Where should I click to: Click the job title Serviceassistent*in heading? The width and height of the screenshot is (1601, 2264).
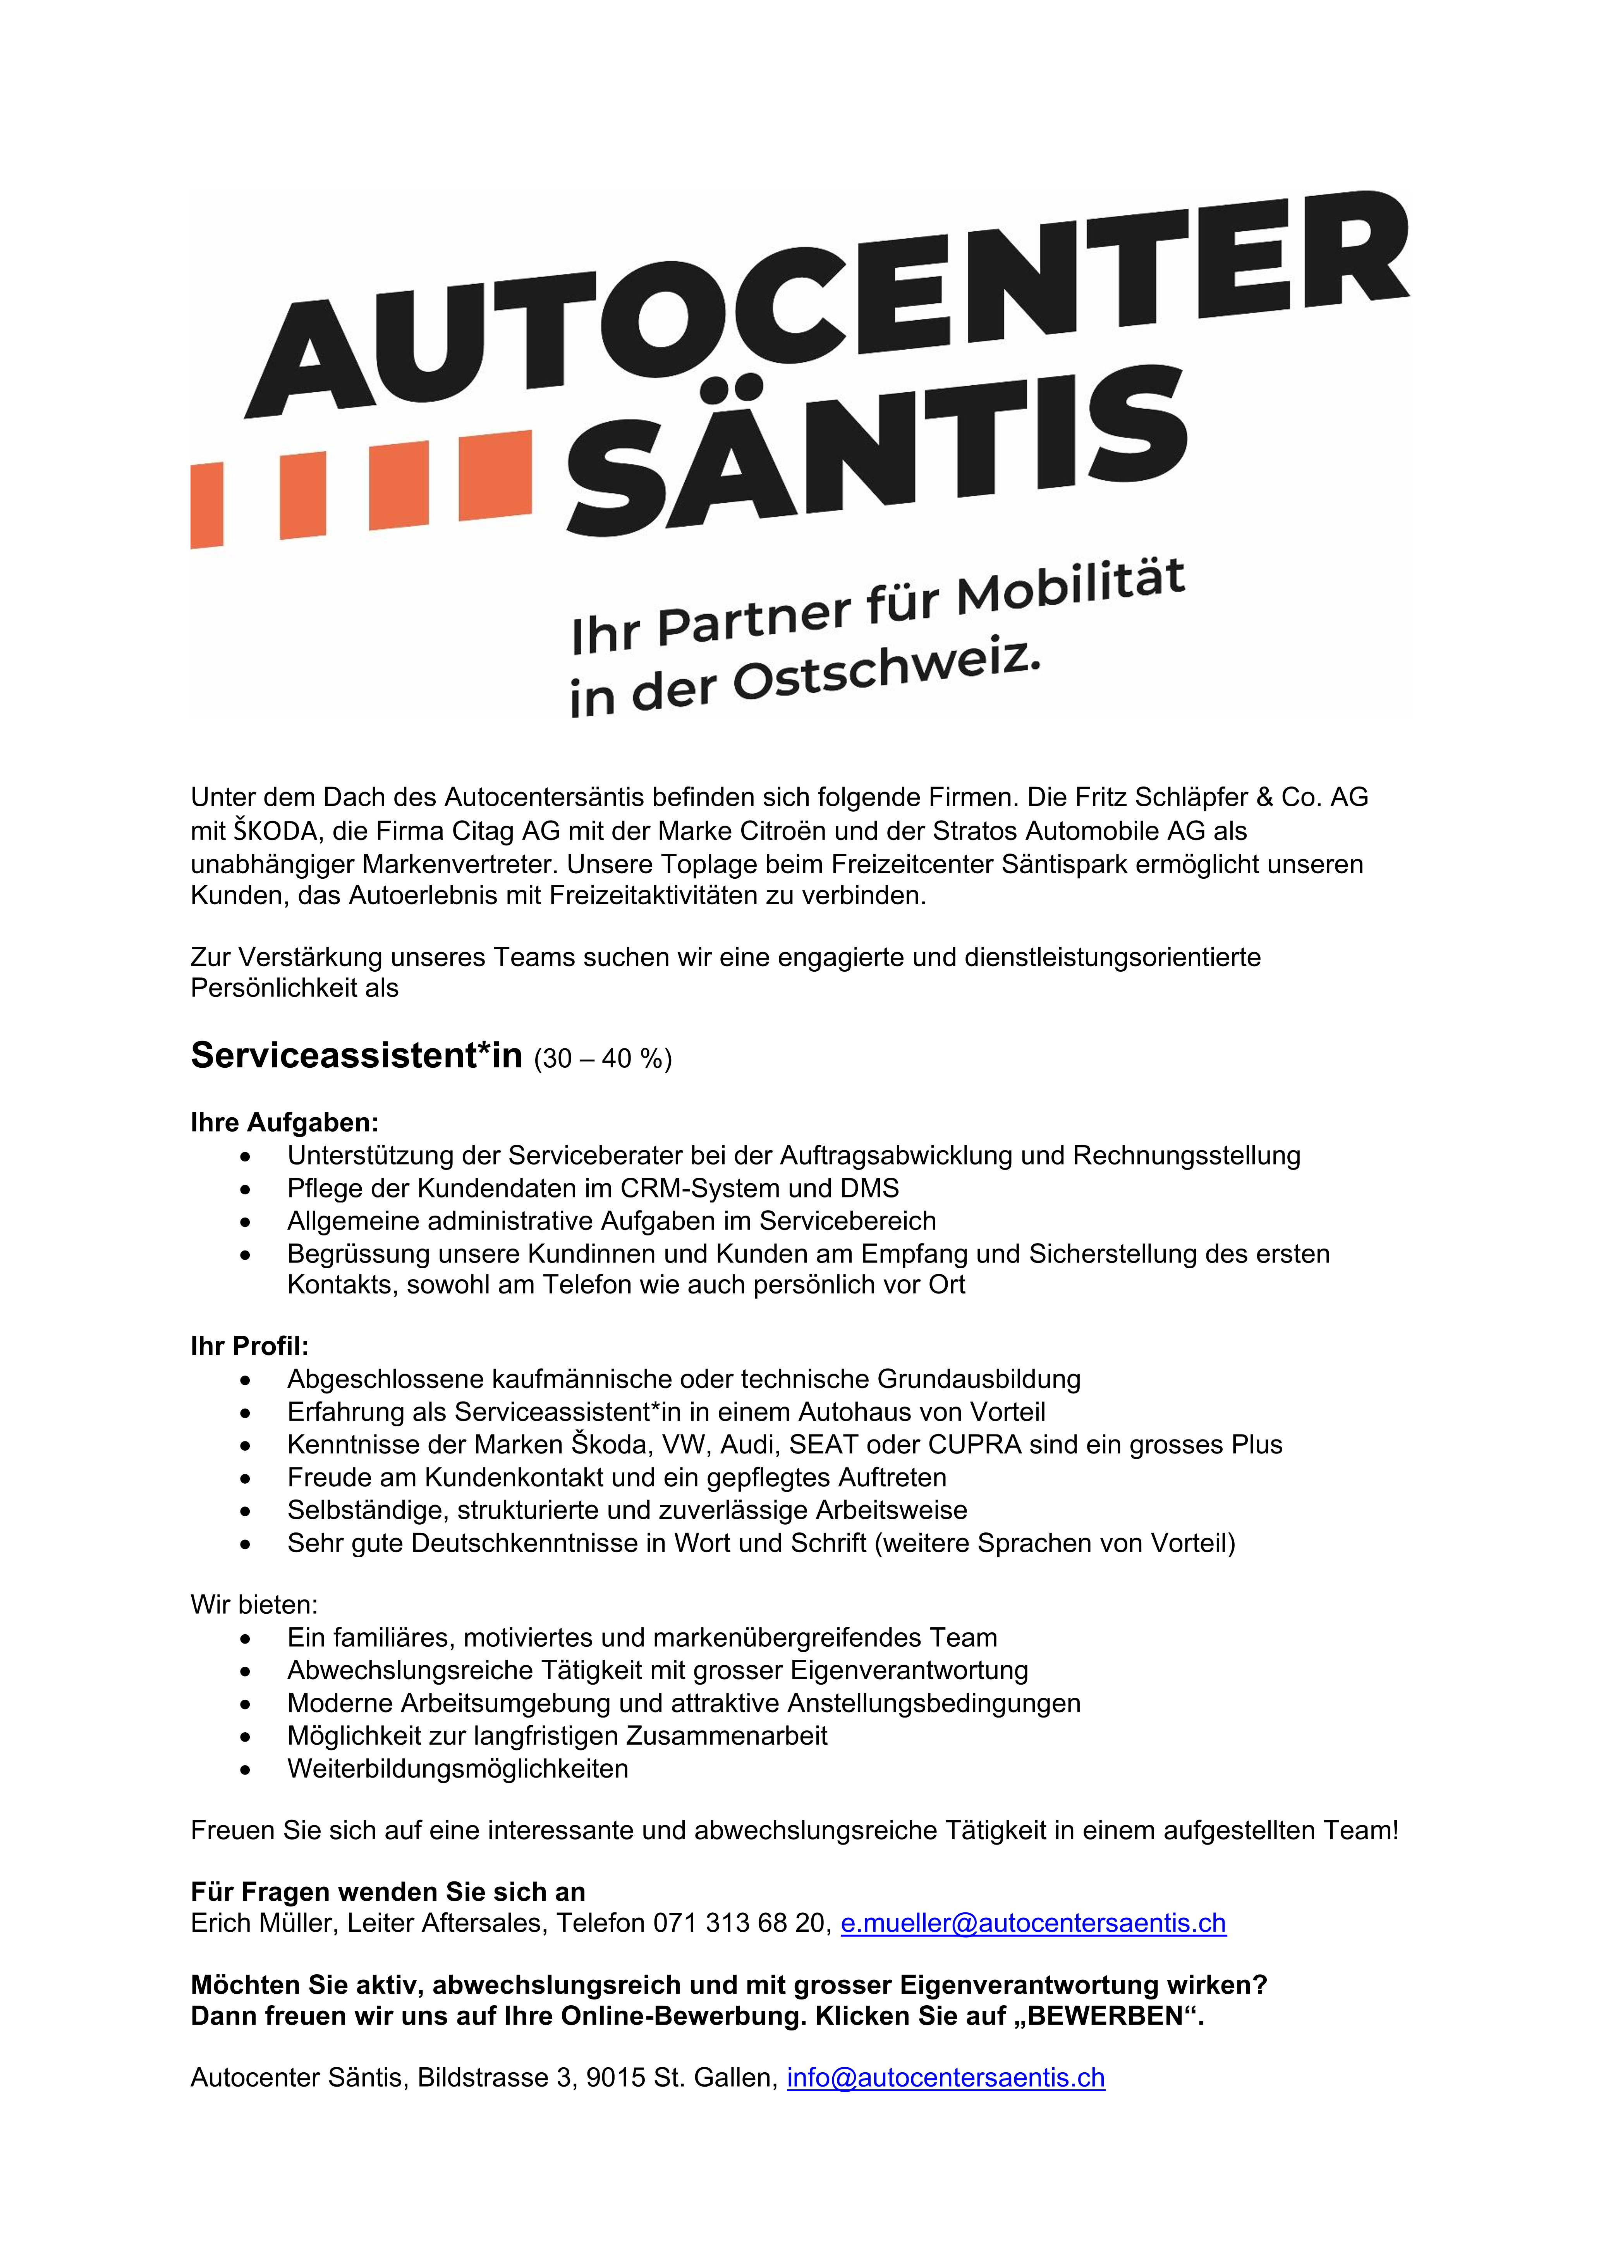[356, 1055]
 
